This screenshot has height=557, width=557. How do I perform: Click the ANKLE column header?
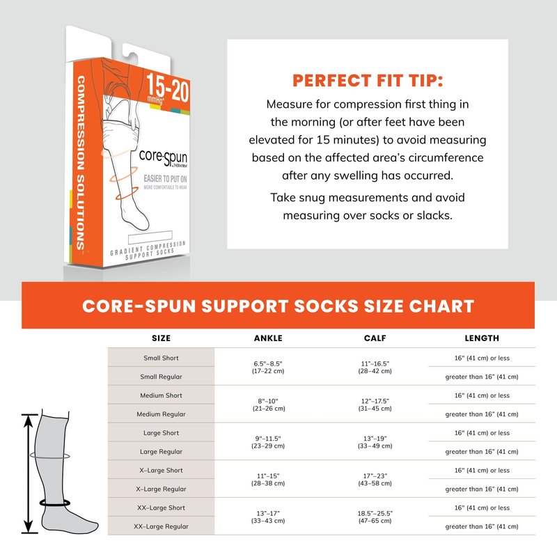point(268,338)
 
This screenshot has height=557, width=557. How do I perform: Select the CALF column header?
point(375,338)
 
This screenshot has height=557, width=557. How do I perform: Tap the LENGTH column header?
point(482,338)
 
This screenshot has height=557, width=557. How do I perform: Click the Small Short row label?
point(162,358)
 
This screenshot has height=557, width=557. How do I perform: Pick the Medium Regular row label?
point(162,414)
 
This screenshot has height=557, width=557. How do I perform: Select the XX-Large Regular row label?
point(162,526)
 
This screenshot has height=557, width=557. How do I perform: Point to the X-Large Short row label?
point(162,471)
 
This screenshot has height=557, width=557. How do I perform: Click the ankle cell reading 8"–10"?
point(269,405)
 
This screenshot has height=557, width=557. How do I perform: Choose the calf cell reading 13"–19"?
point(375,442)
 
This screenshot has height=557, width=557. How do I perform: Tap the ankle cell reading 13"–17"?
point(268,517)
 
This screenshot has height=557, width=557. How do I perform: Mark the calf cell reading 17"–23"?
point(375,480)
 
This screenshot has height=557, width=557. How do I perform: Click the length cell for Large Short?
point(482,433)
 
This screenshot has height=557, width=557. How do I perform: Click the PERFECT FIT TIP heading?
point(368,81)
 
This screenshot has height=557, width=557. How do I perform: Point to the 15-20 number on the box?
point(168,88)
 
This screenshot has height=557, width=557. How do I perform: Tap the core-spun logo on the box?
point(164,158)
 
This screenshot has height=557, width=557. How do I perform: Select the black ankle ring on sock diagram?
point(55,503)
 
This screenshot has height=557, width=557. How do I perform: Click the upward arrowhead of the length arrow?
point(29,421)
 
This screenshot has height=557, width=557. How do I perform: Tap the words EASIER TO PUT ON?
point(165,179)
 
